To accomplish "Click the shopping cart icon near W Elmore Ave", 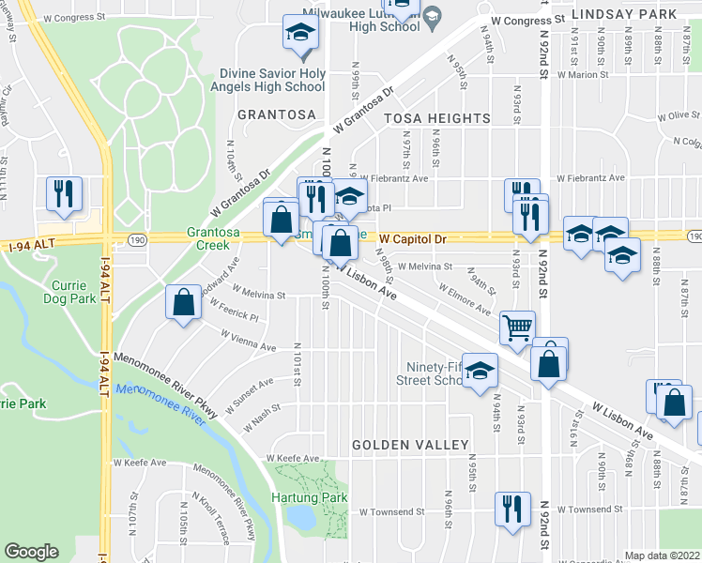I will click(516, 327).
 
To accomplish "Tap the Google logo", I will click(31, 552).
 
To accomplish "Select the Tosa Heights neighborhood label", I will click(436, 118).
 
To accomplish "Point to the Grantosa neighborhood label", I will click(277, 114).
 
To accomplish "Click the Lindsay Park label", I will click(623, 15).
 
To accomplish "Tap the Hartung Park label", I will click(310, 497).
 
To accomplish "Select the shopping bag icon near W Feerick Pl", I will click(184, 302).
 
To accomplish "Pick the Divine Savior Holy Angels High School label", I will click(272, 80).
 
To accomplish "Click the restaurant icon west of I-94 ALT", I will click(64, 193).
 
